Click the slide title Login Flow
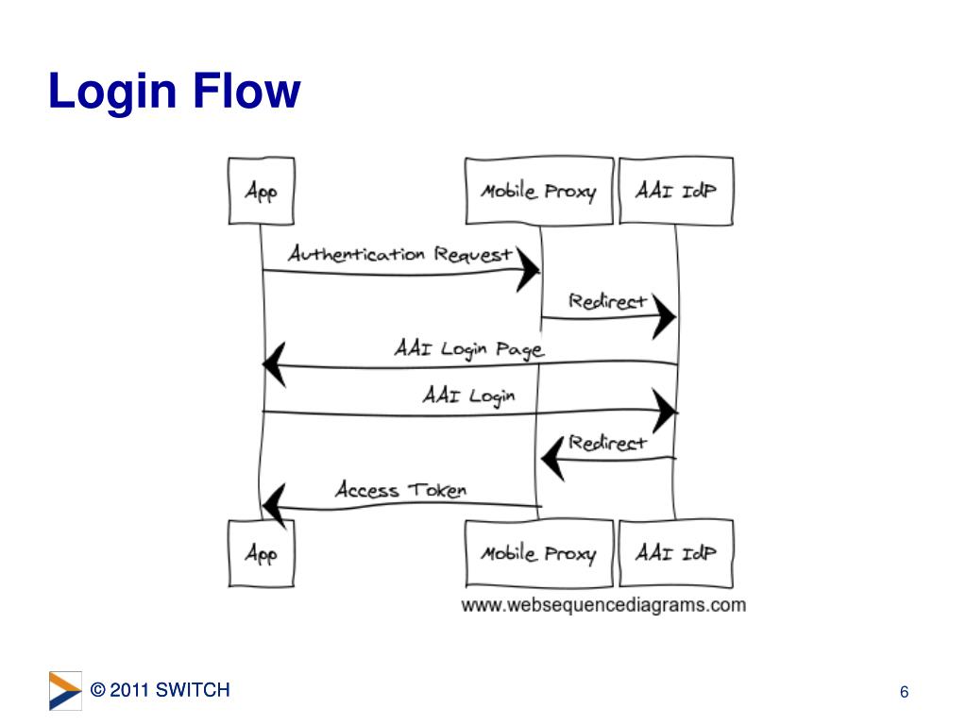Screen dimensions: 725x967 pos(175,93)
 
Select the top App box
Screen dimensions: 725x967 pos(261,191)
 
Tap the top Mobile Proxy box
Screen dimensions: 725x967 pos(538,192)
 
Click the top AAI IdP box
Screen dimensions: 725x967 pos(675,191)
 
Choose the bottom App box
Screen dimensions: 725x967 pos(261,553)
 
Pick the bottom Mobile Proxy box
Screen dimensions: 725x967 pos(538,553)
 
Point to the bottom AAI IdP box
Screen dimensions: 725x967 pos(675,553)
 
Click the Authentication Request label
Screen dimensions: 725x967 pos(400,254)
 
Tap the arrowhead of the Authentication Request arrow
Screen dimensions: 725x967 pos(528,272)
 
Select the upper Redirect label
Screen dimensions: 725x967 pos(607,301)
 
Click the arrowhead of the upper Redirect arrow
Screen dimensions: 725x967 pos(664,318)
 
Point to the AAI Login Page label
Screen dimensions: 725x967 pos(468,348)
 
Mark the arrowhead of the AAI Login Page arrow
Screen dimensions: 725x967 pos(274,364)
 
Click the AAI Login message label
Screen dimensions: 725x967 pos(468,395)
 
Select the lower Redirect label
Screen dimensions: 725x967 pos(607,442)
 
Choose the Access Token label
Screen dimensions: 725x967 pos(400,489)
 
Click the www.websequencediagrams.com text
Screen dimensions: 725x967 pos(603,605)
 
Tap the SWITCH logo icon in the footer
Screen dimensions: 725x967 pos(65,690)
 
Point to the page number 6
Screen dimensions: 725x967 pos(904,693)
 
